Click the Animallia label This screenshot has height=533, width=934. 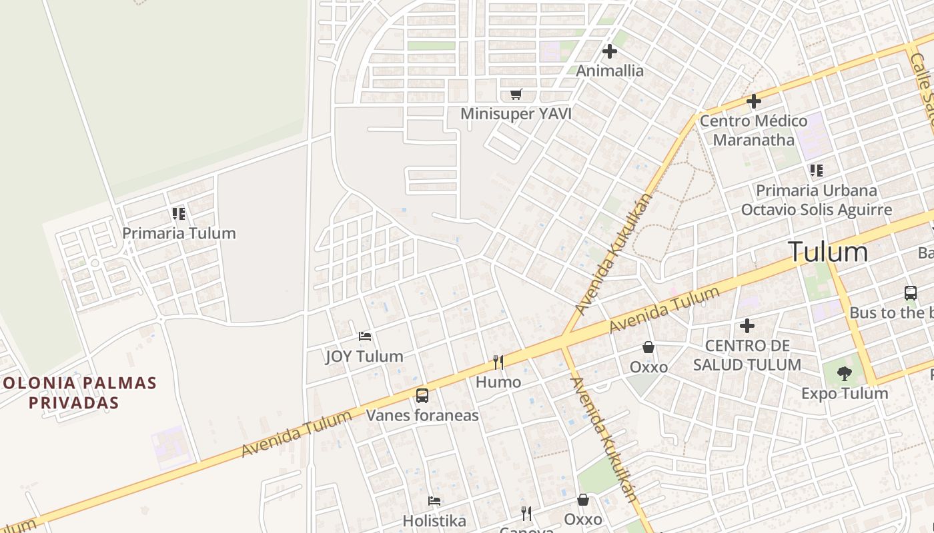[x=610, y=71]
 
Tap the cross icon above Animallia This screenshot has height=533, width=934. [x=610, y=51]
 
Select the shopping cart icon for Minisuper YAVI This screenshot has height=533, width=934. [x=516, y=94]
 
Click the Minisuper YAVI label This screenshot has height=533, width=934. [x=516, y=113]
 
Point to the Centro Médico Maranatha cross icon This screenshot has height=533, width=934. [x=754, y=101]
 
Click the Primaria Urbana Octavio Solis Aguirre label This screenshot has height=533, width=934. [x=817, y=200]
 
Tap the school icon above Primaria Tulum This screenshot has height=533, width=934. [x=179, y=214]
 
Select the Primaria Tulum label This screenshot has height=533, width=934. [x=179, y=233]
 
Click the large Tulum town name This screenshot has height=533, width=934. [x=828, y=252]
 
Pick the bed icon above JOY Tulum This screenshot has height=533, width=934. [x=364, y=336]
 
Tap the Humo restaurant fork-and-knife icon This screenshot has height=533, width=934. [x=498, y=362]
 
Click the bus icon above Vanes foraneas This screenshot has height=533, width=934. [x=422, y=396]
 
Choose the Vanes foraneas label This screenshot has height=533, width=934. [x=422, y=416]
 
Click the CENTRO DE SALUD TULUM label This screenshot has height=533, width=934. [x=747, y=355]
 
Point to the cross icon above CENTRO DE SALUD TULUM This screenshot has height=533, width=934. [x=747, y=326]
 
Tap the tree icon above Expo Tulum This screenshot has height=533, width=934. [x=845, y=373]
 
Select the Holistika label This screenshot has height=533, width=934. [x=434, y=520]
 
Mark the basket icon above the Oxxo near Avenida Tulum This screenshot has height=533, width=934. [x=648, y=347]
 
